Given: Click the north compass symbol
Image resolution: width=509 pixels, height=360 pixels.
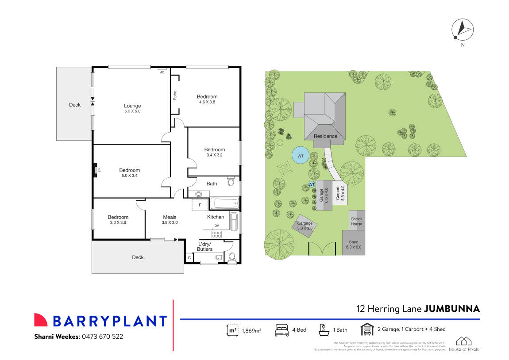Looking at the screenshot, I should tap(462, 30).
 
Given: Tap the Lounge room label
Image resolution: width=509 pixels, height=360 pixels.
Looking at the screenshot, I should tap(132, 106).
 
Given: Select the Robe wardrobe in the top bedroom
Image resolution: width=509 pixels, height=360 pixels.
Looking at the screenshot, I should tap(175, 96).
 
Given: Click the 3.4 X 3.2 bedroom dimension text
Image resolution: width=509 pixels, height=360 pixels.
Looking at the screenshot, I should tap(214, 155).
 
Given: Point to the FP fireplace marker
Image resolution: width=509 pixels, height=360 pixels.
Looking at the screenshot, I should tap(96, 170).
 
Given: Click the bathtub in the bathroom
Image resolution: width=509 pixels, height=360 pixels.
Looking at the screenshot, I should tap(224, 204).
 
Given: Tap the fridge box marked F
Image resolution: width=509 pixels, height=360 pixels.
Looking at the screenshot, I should tap(200, 205).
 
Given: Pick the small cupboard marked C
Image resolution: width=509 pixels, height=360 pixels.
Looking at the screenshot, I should tap(189, 257).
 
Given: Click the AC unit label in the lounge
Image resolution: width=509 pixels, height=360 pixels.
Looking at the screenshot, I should tap(162, 72).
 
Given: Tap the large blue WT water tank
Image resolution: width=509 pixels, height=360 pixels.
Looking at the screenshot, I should tap(301, 156).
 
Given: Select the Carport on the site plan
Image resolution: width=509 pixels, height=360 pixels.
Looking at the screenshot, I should tap(340, 193).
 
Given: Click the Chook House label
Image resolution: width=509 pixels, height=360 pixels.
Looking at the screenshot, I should tap(356, 221).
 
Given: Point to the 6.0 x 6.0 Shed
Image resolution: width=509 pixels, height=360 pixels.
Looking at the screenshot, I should tap(353, 244).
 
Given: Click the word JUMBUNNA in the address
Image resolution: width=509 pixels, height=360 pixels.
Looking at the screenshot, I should tap(451, 309).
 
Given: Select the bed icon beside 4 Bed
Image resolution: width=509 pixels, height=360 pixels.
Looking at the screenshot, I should tap(281, 330).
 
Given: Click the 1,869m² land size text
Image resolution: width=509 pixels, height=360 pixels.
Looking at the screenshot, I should tap(251, 330).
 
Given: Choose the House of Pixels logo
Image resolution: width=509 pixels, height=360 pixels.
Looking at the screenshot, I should tap(463, 344).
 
